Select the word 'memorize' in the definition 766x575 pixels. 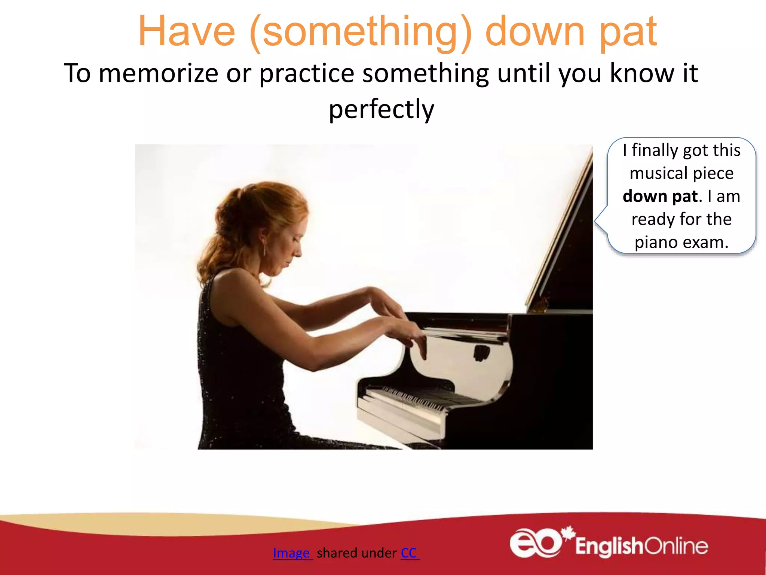159,73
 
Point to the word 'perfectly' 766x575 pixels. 382,109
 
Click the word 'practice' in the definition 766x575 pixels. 307,73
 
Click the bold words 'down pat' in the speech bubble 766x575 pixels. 660,197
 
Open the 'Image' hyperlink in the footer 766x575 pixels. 292,553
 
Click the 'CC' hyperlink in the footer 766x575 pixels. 409,553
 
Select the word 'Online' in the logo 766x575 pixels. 676,546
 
